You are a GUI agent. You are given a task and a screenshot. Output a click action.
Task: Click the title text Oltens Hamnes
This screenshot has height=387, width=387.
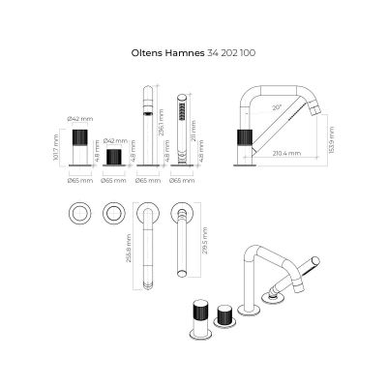click(167, 56)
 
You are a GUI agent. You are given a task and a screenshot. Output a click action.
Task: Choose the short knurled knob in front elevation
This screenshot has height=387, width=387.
click(115, 158)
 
